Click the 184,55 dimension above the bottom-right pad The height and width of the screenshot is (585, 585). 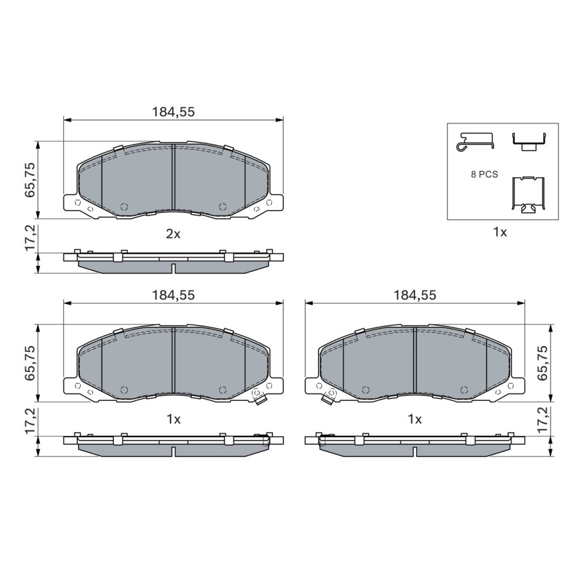(x=414, y=295)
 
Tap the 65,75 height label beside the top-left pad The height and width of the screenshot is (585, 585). (x=30, y=180)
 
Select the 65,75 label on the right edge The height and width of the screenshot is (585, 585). (x=543, y=363)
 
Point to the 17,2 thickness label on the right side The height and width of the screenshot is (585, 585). (x=543, y=420)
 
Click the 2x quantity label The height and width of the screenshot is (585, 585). (x=173, y=234)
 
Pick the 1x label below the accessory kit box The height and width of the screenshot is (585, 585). (x=500, y=233)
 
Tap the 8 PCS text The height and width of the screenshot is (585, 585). (x=484, y=175)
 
